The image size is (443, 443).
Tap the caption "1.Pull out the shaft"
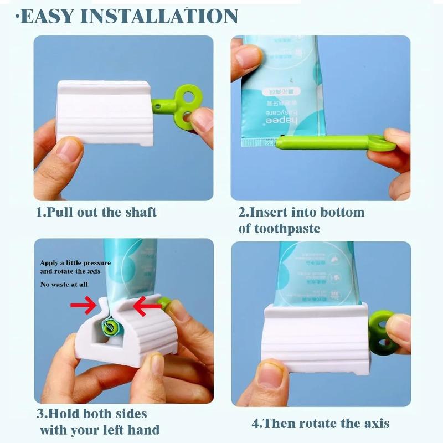tap(96, 212)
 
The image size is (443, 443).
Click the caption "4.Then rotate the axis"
tap(321, 424)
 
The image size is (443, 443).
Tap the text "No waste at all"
tap(64, 285)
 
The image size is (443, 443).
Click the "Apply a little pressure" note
tap(75, 262)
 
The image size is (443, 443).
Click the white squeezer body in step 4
tap(316, 338)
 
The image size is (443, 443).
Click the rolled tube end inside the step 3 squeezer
tap(110, 327)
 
